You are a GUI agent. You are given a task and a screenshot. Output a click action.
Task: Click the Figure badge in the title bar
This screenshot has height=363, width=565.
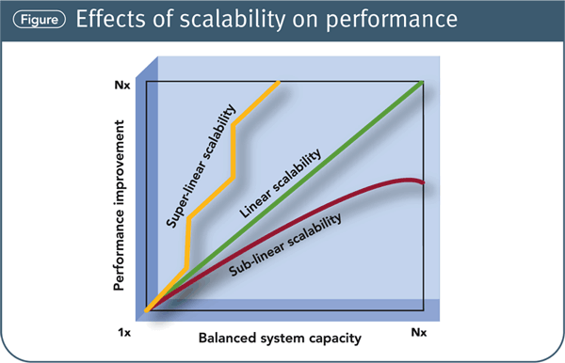[x=34, y=21]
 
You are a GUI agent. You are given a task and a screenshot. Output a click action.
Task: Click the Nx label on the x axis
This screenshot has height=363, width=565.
[x=421, y=333]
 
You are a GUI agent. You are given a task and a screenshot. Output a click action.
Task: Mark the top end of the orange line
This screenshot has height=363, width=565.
[x=279, y=84]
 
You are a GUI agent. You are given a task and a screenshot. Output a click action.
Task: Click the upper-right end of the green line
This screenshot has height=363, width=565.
[x=422, y=83]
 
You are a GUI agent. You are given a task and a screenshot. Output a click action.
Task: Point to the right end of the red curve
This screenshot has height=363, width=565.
[x=423, y=183]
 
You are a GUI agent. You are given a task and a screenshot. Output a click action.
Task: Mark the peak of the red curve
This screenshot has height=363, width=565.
[x=407, y=179]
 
